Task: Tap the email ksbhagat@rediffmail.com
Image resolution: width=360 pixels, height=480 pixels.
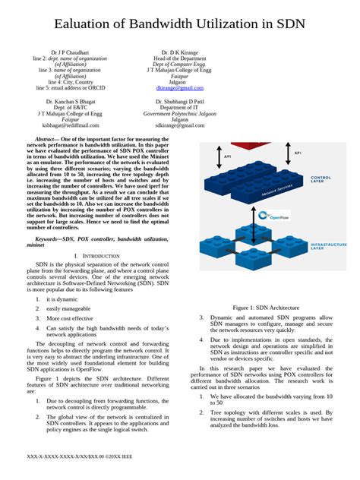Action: tap(71, 125)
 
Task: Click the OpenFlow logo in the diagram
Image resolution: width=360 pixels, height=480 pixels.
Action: tap(276, 216)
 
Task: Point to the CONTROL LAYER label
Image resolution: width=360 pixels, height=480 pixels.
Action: tap(327, 179)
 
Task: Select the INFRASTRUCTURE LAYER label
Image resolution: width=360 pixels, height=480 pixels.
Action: tap(329, 247)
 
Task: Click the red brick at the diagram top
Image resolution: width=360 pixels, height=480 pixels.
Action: tap(251, 144)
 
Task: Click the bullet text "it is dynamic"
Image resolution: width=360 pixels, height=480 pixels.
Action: tap(62, 299)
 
